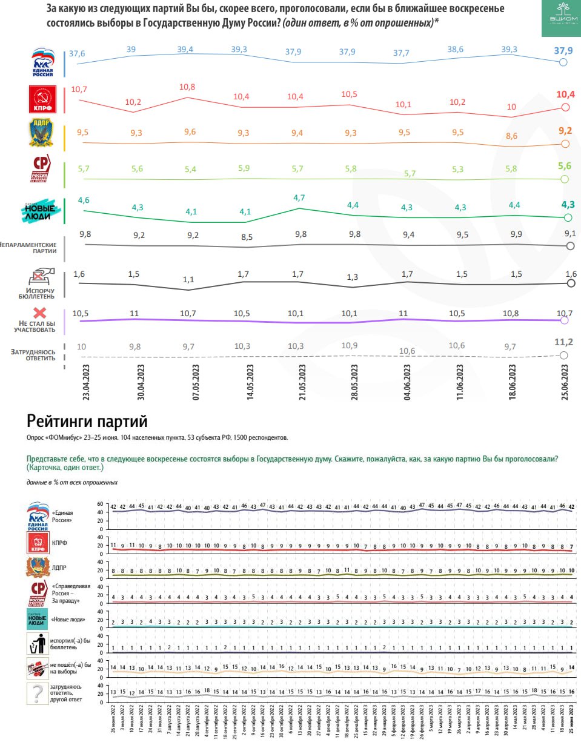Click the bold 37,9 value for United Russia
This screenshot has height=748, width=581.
[x=563, y=51]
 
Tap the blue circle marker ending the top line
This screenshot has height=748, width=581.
[x=563, y=62]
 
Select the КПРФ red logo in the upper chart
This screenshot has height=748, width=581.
[x=42, y=99]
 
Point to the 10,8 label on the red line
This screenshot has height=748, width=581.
[x=187, y=87]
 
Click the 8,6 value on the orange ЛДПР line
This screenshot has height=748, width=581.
[x=511, y=136]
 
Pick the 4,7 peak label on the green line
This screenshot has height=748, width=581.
[x=299, y=198]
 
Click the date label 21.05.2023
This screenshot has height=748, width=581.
[x=302, y=382]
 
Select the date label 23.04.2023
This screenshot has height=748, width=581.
[x=86, y=382]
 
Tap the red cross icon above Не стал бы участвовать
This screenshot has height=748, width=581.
[x=39, y=313]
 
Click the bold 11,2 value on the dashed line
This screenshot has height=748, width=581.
[x=563, y=342]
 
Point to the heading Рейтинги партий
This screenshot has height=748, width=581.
[x=87, y=421]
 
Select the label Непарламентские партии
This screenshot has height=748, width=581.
[x=29, y=248]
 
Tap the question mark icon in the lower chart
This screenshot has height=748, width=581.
[x=38, y=693]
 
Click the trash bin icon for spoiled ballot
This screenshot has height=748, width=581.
[x=38, y=644]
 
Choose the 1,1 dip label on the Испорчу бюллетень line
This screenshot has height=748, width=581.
[x=188, y=280]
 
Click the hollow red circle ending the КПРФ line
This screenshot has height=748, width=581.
[x=565, y=107]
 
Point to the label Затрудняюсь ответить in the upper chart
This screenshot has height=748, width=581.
[x=33, y=355]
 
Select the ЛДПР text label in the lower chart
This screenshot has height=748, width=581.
[x=59, y=568]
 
